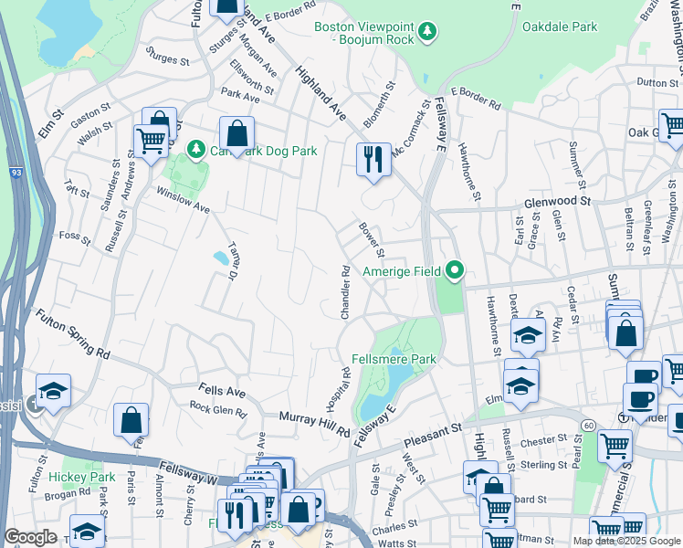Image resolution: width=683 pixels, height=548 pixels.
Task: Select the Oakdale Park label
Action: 560,26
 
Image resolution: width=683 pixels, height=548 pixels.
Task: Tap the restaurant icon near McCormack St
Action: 373,159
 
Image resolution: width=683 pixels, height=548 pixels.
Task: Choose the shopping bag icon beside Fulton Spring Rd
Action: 131,421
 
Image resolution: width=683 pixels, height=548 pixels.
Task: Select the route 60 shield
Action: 589,425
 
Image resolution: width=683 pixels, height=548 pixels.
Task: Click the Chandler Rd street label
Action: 345,292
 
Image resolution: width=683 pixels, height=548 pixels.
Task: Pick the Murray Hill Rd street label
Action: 316,422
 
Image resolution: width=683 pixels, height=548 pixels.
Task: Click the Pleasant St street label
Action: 433,436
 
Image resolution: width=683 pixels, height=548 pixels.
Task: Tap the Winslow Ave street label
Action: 184,202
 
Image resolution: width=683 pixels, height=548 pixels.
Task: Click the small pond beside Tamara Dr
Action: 221,258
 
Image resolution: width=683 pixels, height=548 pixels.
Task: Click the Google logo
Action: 29,537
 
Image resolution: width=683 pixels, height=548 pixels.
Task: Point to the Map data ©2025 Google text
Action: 625,541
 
